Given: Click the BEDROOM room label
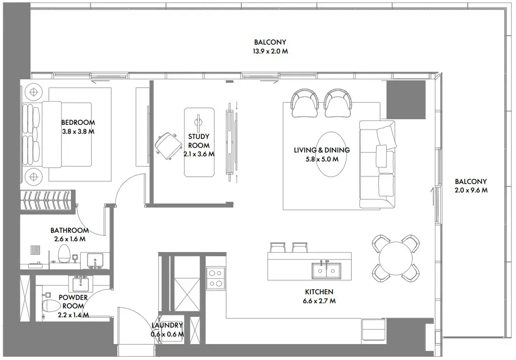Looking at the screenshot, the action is [x=78, y=123].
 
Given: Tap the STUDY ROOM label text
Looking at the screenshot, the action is [x=199, y=141].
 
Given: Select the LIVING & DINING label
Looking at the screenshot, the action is [x=322, y=150].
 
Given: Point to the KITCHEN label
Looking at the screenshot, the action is [x=319, y=292].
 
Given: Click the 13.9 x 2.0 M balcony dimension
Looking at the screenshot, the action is [x=270, y=51].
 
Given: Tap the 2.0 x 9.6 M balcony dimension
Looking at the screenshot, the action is [x=471, y=190].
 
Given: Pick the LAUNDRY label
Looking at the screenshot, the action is [x=167, y=325].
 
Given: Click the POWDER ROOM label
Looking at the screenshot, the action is [x=73, y=301].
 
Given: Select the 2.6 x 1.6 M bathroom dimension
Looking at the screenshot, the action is [x=70, y=239].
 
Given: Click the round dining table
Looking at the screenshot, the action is [x=395, y=258].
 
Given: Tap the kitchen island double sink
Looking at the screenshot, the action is [x=326, y=270].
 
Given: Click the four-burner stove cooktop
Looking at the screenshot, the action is [x=216, y=278].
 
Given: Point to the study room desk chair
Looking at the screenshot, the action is [x=168, y=146].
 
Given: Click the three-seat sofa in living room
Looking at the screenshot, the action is [x=377, y=165].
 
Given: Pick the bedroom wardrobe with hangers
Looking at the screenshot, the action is [x=46, y=200].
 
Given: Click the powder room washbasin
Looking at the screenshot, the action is [x=80, y=283].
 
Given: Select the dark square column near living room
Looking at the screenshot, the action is [x=406, y=100].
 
